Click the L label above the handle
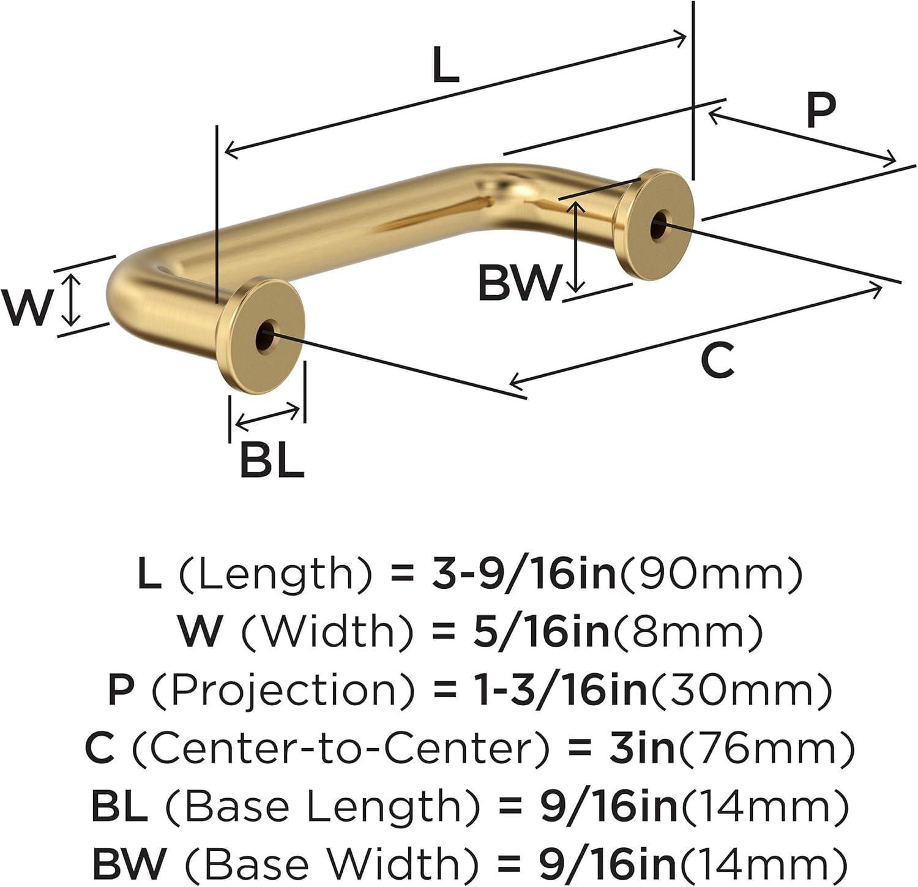pyautogui.click(x=445, y=66)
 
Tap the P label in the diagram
pyautogui.click(x=820, y=111)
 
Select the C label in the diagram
pyautogui.click(x=717, y=361)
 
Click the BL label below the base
pyautogui.click(x=271, y=460)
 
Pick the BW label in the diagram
pyautogui.click(x=519, y=283)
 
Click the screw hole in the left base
pyautogui.click(x=266, y=335)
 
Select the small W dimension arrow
pyautogui.click(x=72, y=299)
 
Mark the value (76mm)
pyautogui.click(x=764, y=748)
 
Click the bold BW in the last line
pyautogui.click(x=129, y=863)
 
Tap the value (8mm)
pyautogui.click(x=689, y=632)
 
